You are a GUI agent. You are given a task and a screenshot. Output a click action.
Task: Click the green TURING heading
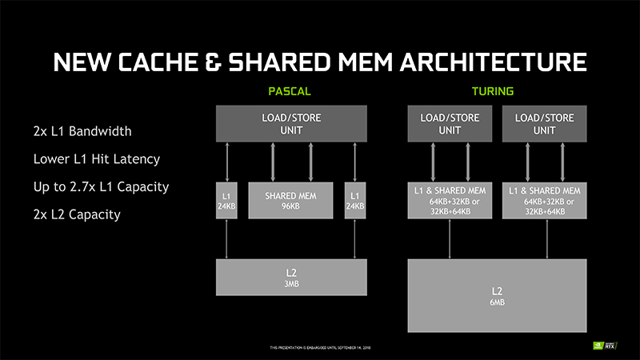point(492,92)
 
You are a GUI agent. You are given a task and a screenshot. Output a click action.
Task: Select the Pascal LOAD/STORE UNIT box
point(291,124)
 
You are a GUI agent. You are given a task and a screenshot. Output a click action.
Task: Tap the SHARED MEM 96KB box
point(291,200)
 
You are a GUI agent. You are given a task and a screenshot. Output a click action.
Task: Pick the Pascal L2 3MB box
point(291,277)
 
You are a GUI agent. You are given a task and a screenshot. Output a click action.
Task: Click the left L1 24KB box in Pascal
point(227,200)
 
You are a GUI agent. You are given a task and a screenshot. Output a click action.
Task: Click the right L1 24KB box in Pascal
point(354,200)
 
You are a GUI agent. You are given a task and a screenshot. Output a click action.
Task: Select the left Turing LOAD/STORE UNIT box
point(450,124)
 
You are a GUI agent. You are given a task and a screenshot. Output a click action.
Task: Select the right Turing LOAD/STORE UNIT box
point(545,124)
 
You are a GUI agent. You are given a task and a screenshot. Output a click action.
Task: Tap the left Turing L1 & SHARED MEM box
point(450,201)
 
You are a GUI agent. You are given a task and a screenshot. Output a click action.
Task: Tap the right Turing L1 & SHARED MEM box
point(545,201)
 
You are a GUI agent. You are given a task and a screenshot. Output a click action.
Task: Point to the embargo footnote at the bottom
point(320,348)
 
